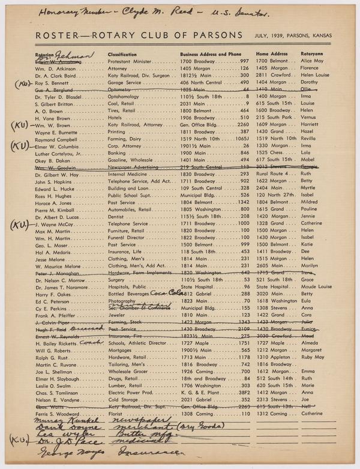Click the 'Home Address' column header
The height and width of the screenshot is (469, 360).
272,54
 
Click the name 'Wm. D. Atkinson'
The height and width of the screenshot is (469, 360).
56,68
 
